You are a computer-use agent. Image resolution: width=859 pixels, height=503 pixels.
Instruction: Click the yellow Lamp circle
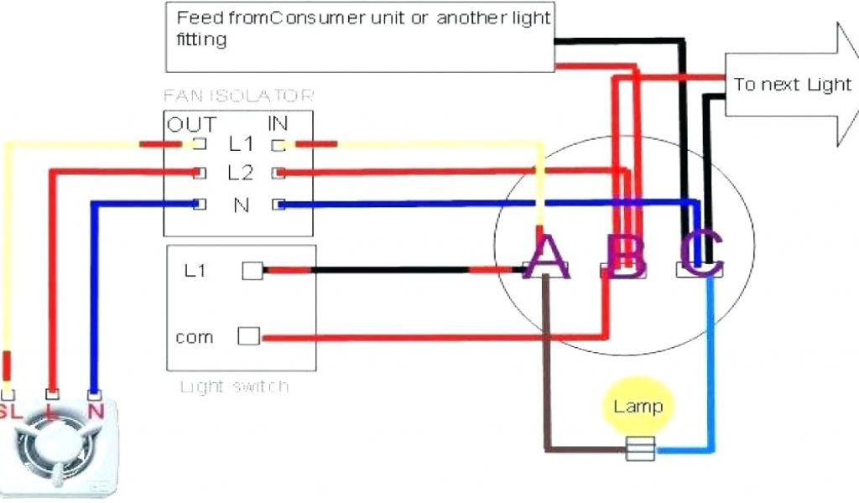[638, 407]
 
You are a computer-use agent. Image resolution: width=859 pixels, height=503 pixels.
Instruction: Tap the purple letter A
[546, 255]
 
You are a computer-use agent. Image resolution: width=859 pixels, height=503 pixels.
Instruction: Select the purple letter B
[626, 256]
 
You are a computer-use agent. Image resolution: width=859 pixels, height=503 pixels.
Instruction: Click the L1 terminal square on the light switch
[252, 271]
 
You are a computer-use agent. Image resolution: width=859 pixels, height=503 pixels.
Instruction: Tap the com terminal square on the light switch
[248, 336]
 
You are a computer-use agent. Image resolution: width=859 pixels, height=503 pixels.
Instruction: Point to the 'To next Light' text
[792, 85]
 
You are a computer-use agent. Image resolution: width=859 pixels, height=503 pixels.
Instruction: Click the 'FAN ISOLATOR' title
[239, 96]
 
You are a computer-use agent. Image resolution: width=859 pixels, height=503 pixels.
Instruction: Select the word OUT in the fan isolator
[190, 125]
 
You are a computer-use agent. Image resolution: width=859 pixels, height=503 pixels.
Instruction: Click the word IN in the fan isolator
[278, 125]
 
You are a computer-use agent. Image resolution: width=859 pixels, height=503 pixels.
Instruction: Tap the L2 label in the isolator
[240, 174]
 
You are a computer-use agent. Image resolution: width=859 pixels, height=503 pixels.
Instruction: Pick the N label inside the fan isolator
[241, 204]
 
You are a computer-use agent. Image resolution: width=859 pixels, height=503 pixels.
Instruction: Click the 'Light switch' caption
[235, 386]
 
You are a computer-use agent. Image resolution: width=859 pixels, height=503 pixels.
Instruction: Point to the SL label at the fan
[9, 411]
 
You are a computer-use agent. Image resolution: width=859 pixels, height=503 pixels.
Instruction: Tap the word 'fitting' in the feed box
[201, 39]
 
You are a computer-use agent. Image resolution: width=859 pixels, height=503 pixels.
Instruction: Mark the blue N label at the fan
[95, 411]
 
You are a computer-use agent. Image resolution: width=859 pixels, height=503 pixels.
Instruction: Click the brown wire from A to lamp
[546, 360]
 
